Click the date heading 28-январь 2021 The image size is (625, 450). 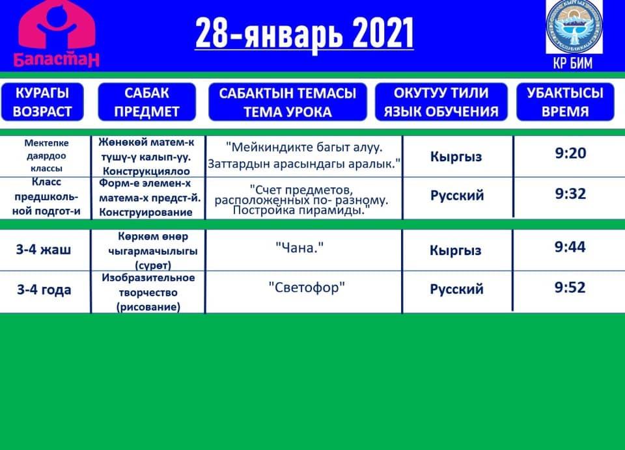305,33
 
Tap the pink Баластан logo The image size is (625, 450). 57,33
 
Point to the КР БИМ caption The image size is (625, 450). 573,63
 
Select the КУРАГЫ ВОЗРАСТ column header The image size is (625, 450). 42,102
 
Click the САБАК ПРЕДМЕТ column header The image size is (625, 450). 146,102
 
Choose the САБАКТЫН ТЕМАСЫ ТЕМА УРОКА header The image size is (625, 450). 287,102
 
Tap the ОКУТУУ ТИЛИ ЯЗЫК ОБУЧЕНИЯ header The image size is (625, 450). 441,102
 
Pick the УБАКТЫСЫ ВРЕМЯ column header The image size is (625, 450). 565,102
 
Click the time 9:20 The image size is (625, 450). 570,153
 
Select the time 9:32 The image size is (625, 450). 570,194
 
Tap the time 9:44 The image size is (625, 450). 570,247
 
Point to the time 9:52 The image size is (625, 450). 570,287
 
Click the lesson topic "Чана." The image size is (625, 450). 299,248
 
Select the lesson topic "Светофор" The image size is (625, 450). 307,287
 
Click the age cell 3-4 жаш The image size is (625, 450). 44,250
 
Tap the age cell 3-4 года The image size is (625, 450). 44,289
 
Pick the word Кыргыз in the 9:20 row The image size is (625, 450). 456,157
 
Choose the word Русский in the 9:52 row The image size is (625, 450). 456,289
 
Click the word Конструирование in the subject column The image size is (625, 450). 145,212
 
